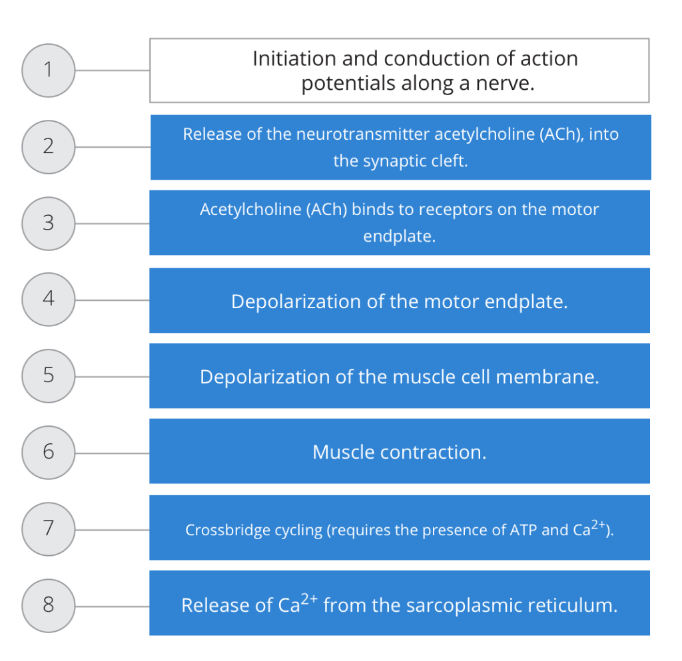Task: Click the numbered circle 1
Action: (48, 70)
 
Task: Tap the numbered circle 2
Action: (48, 146)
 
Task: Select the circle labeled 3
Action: (48, 223)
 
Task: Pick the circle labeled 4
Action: (48, 300)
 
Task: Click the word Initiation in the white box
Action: (294, 59)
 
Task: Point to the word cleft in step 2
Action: (450, 161)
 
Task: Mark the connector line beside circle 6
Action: (112, 453)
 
